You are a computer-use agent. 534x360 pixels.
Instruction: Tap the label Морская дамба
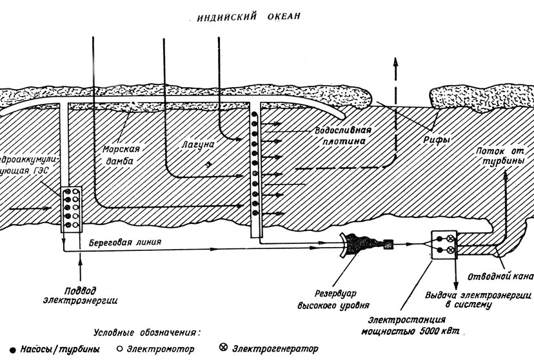[x=117, y=154]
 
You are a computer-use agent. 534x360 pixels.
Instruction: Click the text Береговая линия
[x=121, y=243]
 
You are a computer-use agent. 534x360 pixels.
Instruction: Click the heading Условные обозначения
[x=148, y=333]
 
